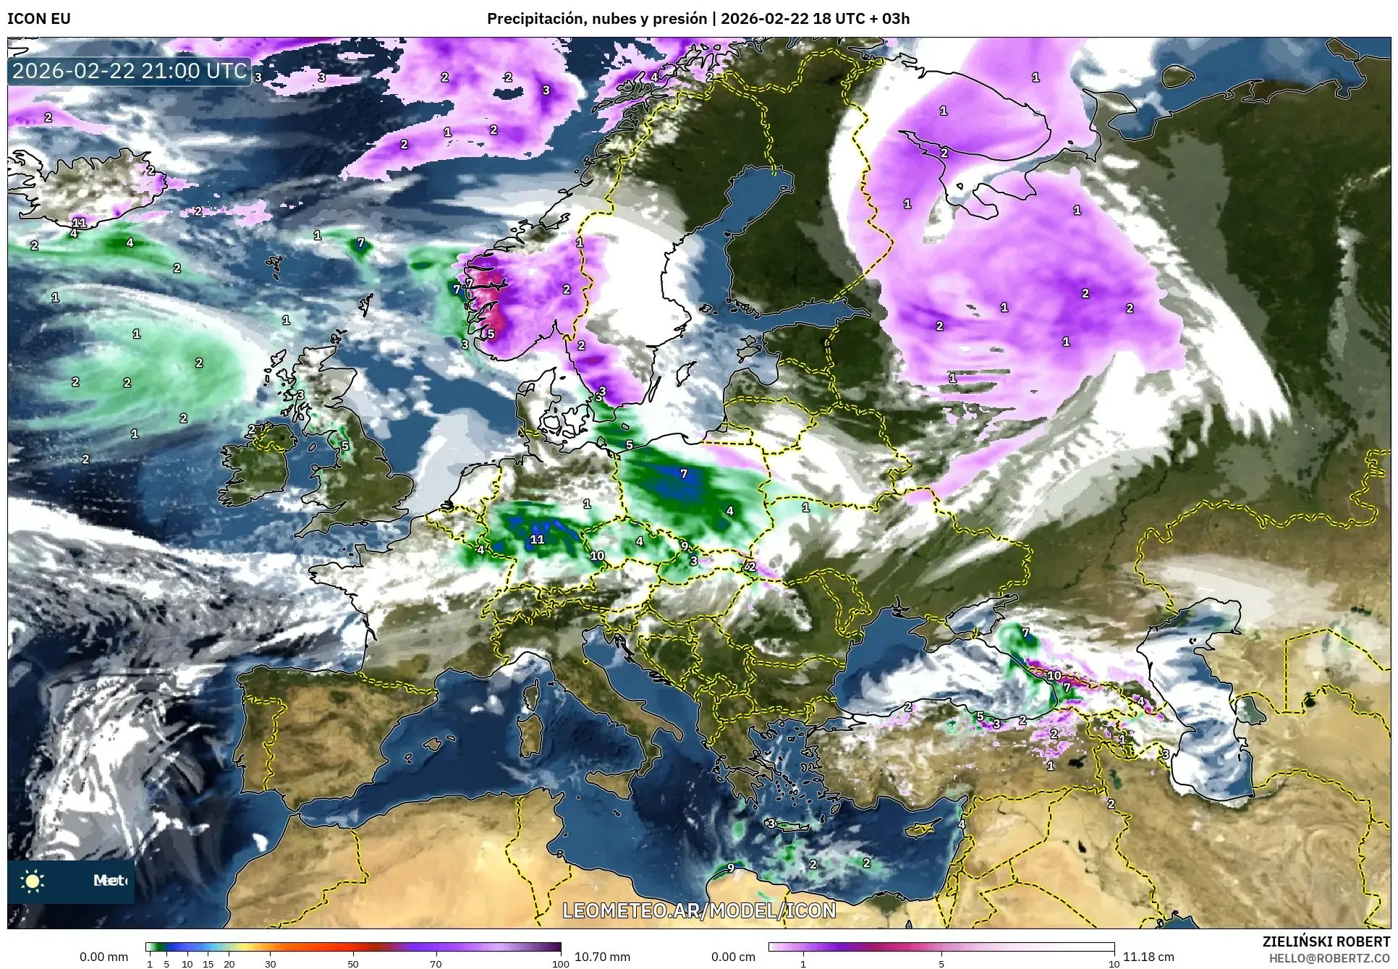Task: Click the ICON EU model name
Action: tap(39, 19)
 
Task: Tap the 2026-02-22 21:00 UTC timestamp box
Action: tap(130, 71)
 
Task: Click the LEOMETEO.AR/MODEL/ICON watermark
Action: tap(699, 910)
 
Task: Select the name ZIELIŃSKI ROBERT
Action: tap(1326, 942)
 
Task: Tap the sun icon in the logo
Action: tap(33, 881)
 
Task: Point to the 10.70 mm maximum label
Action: tap(602, 957)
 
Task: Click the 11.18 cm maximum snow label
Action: tap(1148, 957)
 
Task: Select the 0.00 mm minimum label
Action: tap(103, 957)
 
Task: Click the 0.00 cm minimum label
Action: tap(733, 957)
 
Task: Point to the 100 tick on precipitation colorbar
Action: tap(560, 964)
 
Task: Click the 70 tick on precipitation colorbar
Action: tap(436, 964)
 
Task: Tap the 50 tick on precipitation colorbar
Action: tap(353, 964)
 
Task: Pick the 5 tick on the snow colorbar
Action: tap(941, 964)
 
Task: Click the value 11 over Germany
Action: tap(537, 539)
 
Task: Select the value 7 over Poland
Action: tap(684, 473)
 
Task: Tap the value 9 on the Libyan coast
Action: tap(731, 868)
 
